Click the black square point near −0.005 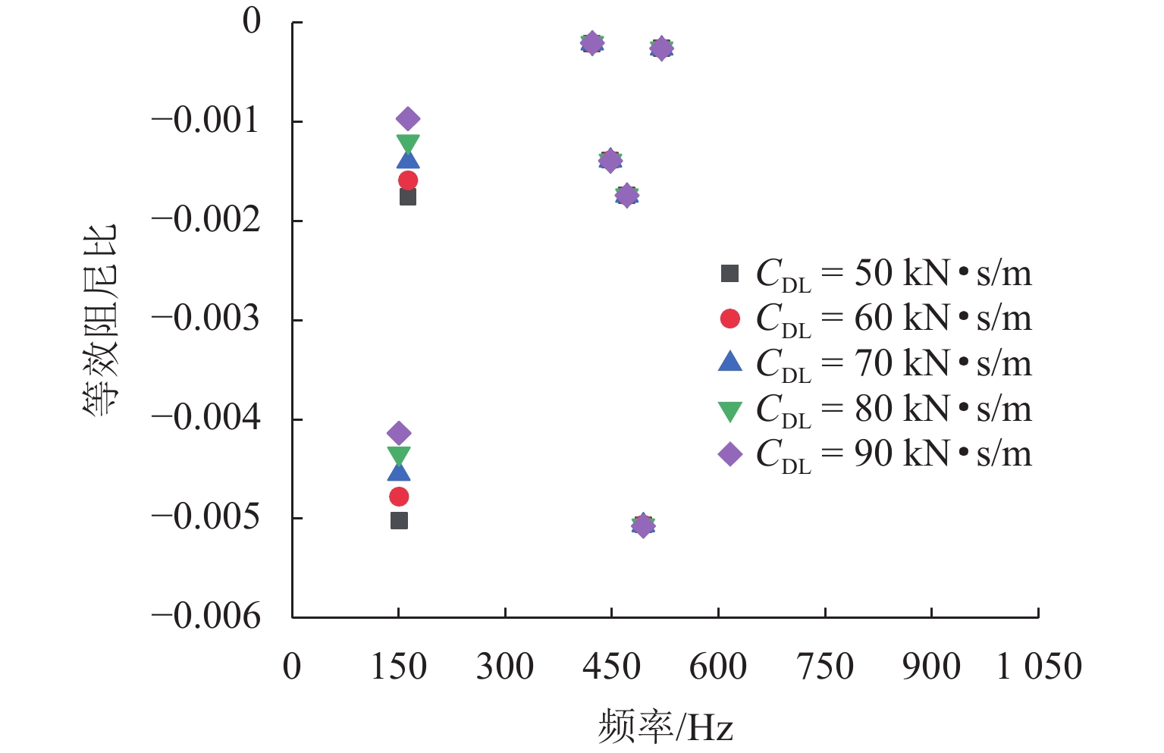[399, 520]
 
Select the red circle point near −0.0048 [399, 497]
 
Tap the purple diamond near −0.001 [408, 119]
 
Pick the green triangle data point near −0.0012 [408, 143]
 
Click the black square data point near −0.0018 [408, 196]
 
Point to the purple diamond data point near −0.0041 [399, 433]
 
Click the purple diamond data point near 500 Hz [643, 525]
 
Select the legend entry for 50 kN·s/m [876, 273]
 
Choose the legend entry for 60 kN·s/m [876, 318]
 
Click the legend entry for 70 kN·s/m [876, 363]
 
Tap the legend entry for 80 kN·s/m [876, 409]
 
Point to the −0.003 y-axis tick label [206, 318]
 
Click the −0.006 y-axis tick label [206, 617]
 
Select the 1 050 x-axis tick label [1038, 667]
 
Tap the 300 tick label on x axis [505, 667]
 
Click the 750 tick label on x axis [825, 667]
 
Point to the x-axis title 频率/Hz [665, 726]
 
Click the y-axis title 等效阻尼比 [100, 318]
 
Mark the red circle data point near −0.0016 [408, 180]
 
